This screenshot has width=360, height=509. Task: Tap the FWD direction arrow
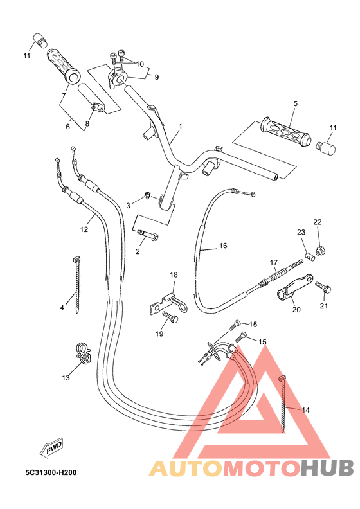point(54,448)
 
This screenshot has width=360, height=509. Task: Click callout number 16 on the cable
point(223,246)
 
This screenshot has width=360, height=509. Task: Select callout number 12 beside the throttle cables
point(84,229)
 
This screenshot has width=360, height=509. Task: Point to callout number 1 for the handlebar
point(181,126)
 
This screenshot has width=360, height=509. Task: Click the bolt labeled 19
point(168,317)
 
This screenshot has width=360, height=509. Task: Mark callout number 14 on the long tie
point(305,409)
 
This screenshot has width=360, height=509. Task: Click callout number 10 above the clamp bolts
point(140,64)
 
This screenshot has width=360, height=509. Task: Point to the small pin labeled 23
point(309,257)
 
